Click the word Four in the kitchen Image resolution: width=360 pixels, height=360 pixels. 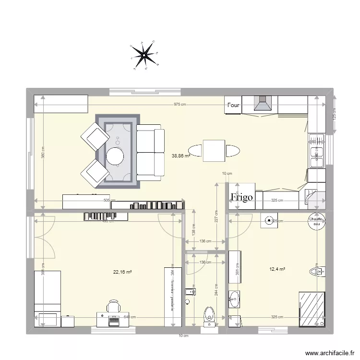pos(233,105)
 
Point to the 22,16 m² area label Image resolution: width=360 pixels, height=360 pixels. pos(122,272)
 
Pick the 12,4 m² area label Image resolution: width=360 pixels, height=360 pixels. pos(277,269)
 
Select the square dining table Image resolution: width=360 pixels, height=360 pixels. pos(214,151)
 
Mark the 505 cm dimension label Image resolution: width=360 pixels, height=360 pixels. pos(109,201)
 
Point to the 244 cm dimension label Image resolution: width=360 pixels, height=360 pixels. pos(216,292)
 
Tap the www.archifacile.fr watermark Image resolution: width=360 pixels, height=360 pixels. pos(326,352)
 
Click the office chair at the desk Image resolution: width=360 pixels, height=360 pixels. pos(114,306)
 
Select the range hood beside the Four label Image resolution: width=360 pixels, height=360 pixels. pos(263,104)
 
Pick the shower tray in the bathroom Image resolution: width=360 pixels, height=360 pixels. pos(312,308)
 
